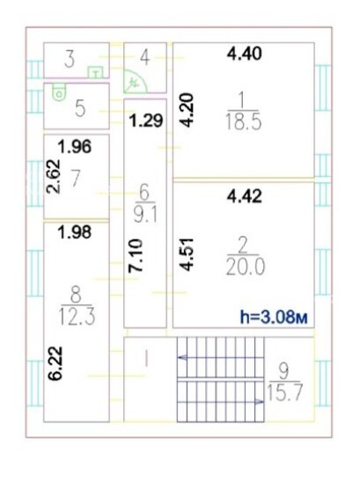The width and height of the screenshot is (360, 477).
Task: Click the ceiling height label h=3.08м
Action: pos(274,317)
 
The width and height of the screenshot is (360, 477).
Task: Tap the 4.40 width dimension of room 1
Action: pos(245,54)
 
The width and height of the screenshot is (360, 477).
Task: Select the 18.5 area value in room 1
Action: pos(244,123)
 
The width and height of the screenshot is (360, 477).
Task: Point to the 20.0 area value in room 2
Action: pos(246,268)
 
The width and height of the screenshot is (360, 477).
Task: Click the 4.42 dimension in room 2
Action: pos(245,196)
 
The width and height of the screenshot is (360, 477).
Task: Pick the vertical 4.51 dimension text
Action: pos(187,254)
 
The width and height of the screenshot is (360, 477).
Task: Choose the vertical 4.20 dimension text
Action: pos(187,110)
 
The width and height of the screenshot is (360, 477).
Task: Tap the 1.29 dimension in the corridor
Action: pos(146,121)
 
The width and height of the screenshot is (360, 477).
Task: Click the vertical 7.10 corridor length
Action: pos(136,256)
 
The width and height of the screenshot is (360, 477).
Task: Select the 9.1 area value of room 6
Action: pos(145,216)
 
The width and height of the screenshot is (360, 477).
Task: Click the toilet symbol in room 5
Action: pos(59,92)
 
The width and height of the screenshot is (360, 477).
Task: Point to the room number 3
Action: pos(70,60)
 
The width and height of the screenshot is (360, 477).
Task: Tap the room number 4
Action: pos(145,58)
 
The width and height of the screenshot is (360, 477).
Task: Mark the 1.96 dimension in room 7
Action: pos(75,147)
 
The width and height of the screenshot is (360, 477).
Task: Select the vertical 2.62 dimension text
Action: pos(54,177)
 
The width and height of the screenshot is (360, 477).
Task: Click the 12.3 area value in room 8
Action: pos(77,317)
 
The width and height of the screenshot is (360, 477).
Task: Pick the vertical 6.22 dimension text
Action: pos(56,363)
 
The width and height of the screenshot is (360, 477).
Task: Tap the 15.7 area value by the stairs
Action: pos(284,393)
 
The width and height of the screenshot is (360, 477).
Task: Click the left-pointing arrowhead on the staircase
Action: pos(181,357)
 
